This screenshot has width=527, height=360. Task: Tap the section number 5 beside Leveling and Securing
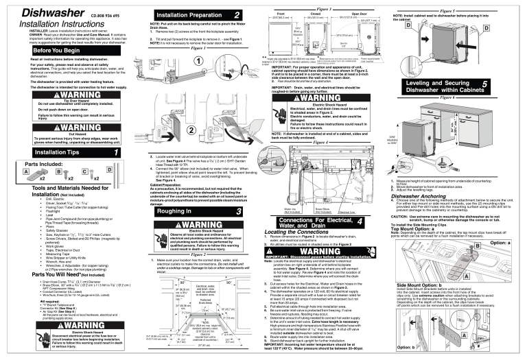pos(504,84)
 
